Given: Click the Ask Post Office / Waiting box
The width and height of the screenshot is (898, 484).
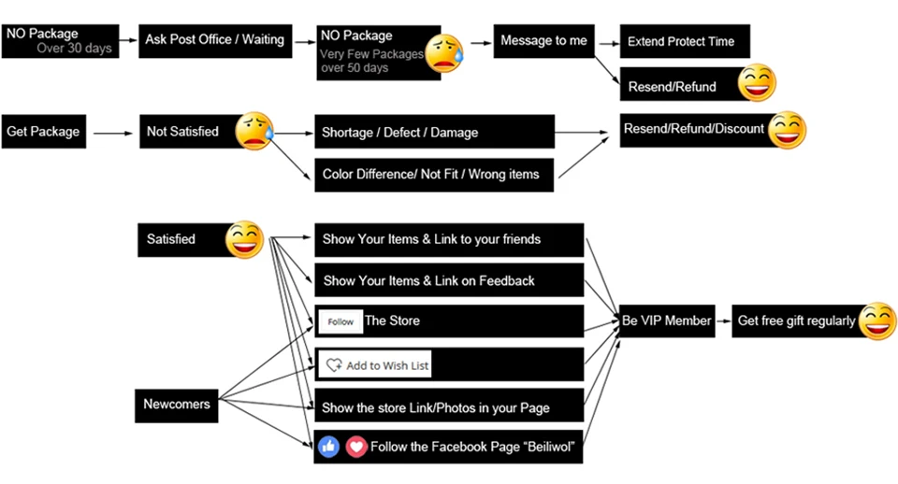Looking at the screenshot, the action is point(215,40).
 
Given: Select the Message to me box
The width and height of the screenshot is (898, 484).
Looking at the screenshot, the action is point(543,40).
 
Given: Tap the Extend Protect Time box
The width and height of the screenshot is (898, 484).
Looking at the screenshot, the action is point(685,41).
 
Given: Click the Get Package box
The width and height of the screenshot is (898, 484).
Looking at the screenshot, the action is point(44,132).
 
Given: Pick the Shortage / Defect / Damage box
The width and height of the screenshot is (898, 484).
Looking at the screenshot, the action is point(434,132).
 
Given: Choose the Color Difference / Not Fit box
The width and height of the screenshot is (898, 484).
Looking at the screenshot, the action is point(434,175).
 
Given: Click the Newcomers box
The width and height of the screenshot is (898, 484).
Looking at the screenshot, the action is point(177,406).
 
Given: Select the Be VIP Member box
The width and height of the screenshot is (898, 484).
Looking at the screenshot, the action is point(667,320).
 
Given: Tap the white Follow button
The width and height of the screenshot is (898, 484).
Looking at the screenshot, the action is point(340,321).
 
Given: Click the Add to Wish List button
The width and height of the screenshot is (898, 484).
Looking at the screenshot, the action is point(375,365).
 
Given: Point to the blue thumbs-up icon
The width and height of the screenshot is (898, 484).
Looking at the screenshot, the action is point(328,447).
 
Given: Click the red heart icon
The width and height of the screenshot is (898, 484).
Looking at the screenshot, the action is point(356,447).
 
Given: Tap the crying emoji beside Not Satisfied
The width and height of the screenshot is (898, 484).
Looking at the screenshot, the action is point(254,131).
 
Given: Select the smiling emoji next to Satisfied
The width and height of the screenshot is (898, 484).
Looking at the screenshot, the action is point(244,240).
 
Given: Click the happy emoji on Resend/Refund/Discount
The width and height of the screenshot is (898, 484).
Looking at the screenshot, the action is point(787,130).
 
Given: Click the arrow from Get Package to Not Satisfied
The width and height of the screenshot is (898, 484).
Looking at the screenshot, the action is point(113,134).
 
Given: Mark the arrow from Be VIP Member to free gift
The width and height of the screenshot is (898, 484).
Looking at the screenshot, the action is point(724,320).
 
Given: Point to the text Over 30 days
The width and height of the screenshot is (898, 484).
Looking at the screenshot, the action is point(75,48).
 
